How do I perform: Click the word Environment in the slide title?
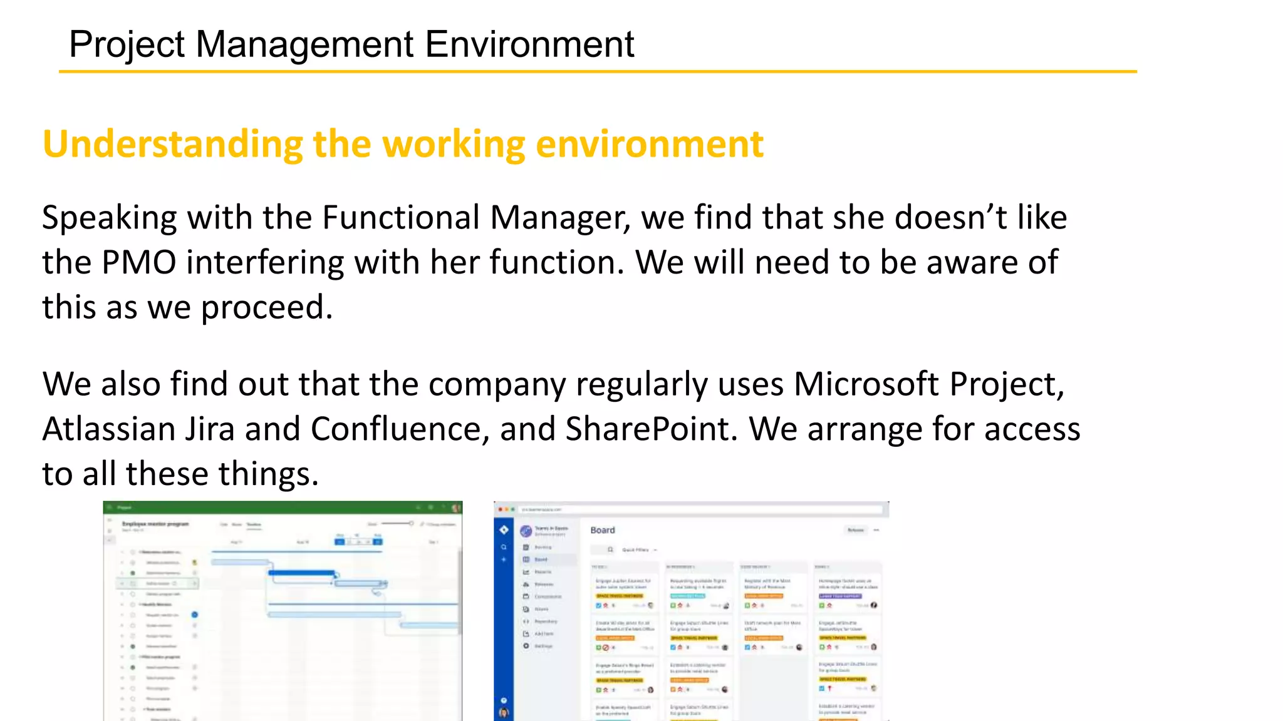coord(529,44)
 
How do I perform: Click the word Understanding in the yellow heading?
coord(172,145)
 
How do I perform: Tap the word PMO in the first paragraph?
coord(138,262)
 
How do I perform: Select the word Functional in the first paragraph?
coord(400,218)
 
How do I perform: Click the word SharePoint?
coord(651,429)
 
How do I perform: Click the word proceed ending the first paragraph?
coord(266,308)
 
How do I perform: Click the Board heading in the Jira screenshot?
coord(602,530)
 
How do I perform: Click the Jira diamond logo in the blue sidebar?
coord(504,530)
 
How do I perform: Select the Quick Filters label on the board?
coord(635,550)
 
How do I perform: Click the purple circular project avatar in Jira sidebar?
coord(526,531)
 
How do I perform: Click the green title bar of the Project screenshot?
coord(282,508)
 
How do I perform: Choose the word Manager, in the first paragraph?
coord(560,218)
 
